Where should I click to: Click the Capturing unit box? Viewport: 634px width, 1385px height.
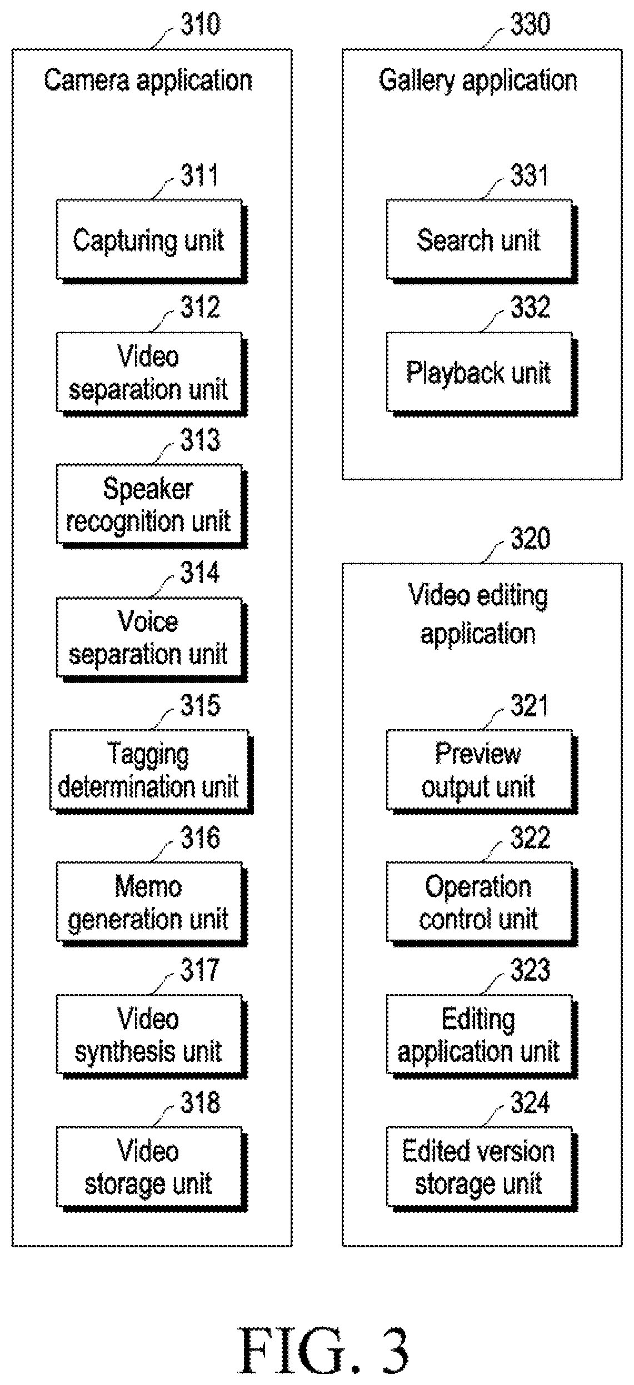click(151, 242)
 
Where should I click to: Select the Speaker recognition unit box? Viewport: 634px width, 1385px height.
click(151, 506)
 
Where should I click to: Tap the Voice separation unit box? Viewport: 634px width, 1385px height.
click(151, 639)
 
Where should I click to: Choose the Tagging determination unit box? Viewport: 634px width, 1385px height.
click(151, 771)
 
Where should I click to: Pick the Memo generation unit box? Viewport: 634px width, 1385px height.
click(151, 904)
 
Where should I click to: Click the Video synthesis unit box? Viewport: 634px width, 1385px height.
click(151, 1036)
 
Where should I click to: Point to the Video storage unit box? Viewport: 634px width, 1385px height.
click(151, 1168)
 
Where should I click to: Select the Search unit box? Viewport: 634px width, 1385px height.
click(482, 242)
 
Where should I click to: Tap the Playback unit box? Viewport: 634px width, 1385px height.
click(482, 374)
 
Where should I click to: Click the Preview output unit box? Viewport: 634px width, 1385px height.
click(482, 771)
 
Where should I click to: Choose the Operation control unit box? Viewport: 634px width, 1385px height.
click(482, 904)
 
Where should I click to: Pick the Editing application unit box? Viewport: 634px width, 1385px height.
click(482, 1036)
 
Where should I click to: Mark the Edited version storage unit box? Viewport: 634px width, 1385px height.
click(482, 1168)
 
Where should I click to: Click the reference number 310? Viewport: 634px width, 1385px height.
click(200, 24)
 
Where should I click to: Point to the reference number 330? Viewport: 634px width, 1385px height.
click(530, 24)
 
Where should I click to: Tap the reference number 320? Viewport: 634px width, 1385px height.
click(530, 538)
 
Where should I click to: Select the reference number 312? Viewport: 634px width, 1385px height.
click(200, 307)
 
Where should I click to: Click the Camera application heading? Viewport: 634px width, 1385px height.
click(148, 81)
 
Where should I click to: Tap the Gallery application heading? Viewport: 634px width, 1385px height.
click(478, 81)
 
